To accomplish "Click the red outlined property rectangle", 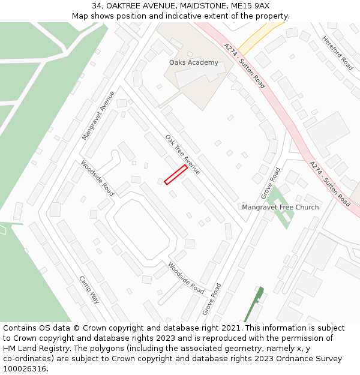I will pos(176,175).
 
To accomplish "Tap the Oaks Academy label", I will pos(194,62).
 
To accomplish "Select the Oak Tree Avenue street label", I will pos(182,155).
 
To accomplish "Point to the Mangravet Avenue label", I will pos(98,115).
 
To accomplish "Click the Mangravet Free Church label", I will pos(280,207).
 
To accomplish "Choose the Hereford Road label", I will pos(338,52).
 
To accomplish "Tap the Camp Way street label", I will pos(89,290).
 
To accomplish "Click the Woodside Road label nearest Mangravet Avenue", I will pos(97,178).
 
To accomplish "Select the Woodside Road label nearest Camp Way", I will pos(186,277).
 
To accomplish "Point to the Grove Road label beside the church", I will pos(271,184).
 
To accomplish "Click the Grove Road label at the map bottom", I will pos(212,299).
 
